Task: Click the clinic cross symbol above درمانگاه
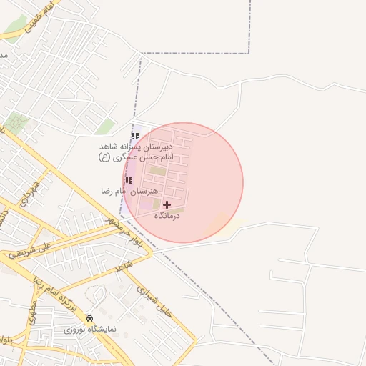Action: tap(167, 204)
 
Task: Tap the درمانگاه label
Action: tap(167, 215)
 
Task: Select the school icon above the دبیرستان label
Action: tap(135, 136)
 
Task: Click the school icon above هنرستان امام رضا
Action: tap(129, 181)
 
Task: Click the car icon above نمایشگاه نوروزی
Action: tap(89, 318)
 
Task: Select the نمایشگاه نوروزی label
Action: tap(86, 330)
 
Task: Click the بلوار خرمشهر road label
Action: tap(126, 231)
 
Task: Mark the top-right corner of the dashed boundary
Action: tap(249, 53)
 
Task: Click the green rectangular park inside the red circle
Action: tap(157, 171)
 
